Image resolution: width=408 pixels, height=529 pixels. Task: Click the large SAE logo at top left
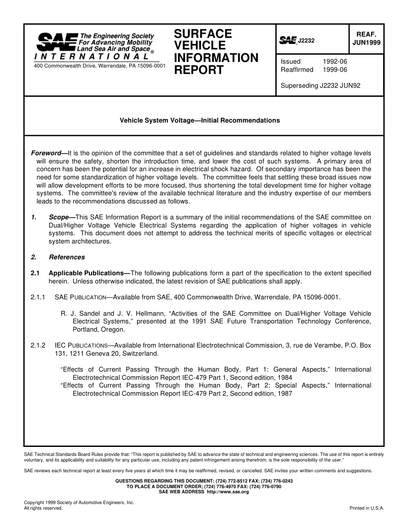pyautogui.click(x=57, y=42)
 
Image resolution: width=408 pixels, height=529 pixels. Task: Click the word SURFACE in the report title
pyautogui.click(x=203, y=34)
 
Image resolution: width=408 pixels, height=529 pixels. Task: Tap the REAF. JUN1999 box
pyautogui.click(x=366, y=39)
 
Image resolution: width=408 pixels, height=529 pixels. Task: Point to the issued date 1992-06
pyautogui.click(x=335, y=62)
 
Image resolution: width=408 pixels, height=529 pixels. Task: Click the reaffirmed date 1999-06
pyautogui.click(x=335, y=70)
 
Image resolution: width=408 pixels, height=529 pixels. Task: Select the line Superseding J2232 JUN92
pyautogui.click(x=320, y=86)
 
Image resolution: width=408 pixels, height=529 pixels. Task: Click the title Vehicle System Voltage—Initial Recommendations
pyautogui.click(x=200, y=120)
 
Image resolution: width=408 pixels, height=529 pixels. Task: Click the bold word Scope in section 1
pyautogui.click(x=59, y=217)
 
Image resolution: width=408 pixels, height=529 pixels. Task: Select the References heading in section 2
pyautogui.click(x=67, y=257)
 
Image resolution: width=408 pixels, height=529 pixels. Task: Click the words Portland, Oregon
pyautogui.click(x=99, y=330)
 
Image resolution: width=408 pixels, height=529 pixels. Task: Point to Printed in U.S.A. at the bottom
pyautogui.click(x=367, y=508)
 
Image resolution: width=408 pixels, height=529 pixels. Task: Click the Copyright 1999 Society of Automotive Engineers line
pyautogui.click(x=79, y=502)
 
